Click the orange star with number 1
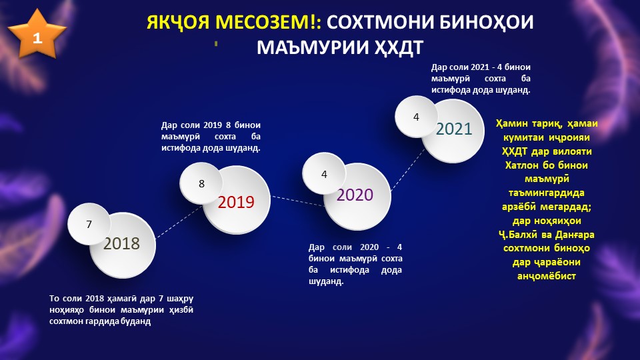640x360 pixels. point(37,35)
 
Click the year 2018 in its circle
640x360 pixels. point(121,244)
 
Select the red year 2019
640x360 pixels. point(236,202)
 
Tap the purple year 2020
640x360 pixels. point(355,195)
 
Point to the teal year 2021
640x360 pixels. point(454,129)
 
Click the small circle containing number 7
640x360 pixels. point(89,224)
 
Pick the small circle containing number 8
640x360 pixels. point(201,184)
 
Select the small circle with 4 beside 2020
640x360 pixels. point(324,174)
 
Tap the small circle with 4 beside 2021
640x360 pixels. point(416,117)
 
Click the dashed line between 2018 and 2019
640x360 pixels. point(179,221)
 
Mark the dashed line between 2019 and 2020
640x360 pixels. point(299,201)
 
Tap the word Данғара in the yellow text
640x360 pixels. point(573,235)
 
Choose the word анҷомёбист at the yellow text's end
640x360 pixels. point(546,276)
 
